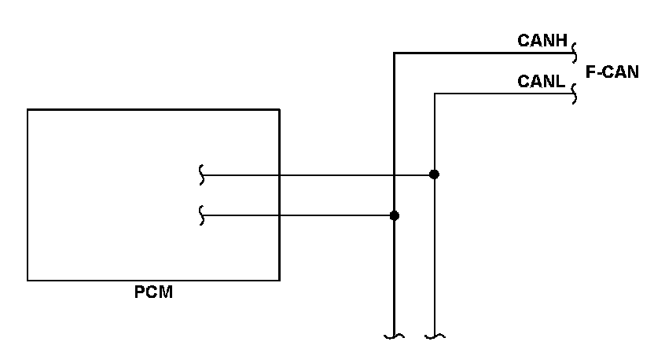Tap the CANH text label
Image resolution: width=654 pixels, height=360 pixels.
pos(542,39)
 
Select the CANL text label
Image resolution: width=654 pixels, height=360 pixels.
pos(542,81)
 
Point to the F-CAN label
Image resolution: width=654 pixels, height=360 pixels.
pos(612,72)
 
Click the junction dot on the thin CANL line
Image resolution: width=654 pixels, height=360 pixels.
pos(434,174)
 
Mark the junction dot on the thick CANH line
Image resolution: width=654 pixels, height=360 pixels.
pos(395,215)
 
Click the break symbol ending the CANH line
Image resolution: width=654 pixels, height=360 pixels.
pos(575,53)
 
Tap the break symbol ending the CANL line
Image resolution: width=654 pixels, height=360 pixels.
pos(575,94)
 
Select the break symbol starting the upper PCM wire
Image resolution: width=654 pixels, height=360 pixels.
pos(202,174)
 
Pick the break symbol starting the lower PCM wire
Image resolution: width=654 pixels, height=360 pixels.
pos(202,215)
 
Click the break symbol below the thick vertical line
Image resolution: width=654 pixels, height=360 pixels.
pos(394,336)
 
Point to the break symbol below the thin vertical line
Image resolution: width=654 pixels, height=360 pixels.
pos(435,336)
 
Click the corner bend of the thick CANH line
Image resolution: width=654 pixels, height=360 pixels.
pos(394,53)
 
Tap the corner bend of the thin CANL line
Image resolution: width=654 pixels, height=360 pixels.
pos(435,94)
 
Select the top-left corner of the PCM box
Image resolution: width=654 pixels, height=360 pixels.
pos(28,109)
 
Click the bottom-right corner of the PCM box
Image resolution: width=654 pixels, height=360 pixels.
pos(279,280)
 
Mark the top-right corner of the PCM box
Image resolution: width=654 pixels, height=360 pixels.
pos(279,109)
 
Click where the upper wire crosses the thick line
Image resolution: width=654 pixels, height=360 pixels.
pos(394,174)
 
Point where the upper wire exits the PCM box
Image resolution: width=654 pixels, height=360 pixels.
pos(279,174)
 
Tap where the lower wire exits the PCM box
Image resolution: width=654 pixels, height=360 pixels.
pos(279,215)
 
